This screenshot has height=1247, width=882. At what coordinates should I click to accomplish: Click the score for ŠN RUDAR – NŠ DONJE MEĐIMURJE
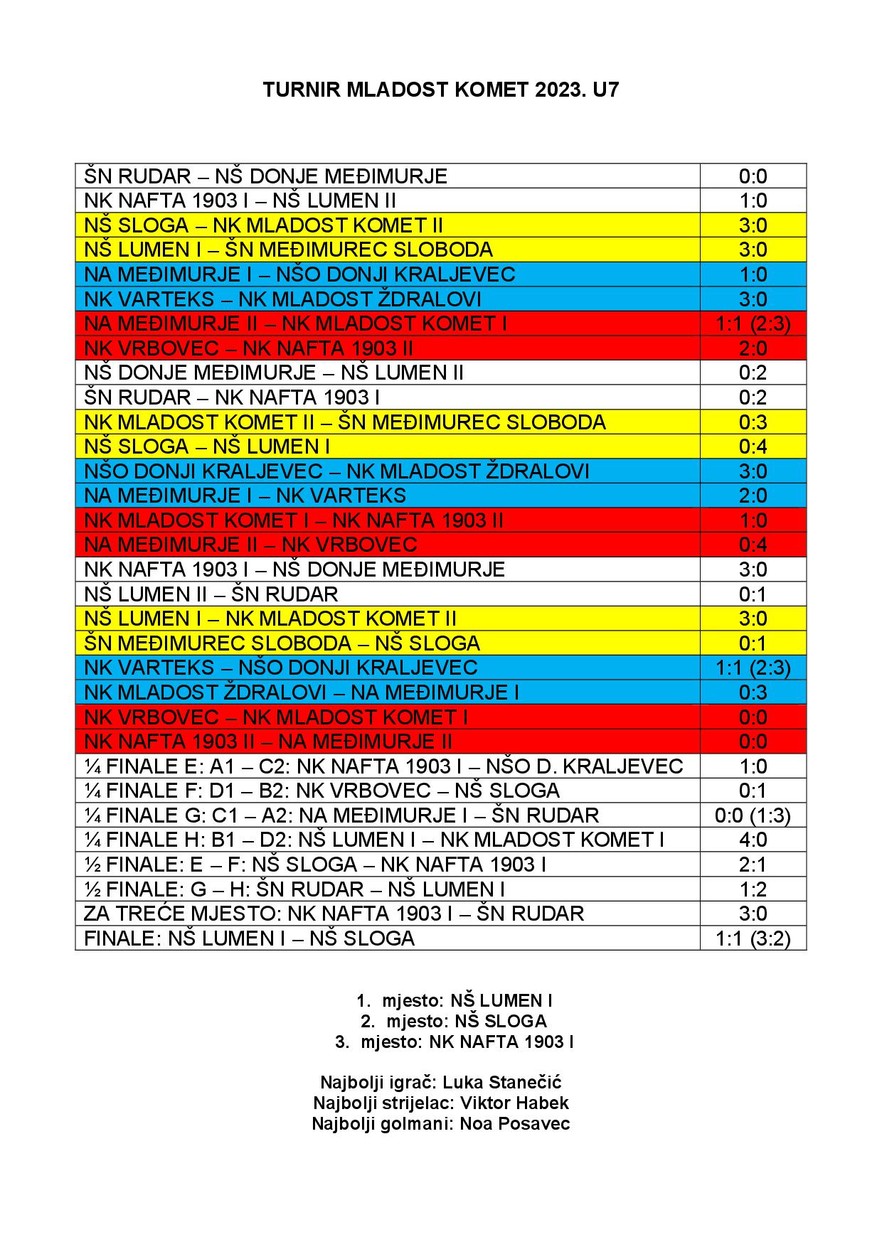(753, 176)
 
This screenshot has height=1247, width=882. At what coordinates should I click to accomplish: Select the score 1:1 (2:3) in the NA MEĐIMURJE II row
(753, 323)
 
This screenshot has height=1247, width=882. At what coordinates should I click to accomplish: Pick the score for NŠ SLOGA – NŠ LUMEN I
(753, 446)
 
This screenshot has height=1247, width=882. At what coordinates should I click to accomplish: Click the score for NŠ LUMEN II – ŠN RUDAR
(753, 594)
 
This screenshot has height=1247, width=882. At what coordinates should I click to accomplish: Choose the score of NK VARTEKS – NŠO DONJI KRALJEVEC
(753, 668)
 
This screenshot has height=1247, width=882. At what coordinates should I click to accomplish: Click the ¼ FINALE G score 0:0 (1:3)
(753, 815)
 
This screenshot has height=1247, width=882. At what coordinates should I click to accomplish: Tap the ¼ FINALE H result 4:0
(753, 840)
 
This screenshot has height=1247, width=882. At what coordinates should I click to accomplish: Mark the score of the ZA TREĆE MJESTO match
(753, 914)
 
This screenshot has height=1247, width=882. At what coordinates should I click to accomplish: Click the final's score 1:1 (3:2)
(753, 938)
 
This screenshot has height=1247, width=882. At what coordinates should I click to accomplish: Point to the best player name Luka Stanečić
(501, 1082)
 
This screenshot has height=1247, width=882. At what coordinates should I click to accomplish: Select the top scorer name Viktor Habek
(514, 1103)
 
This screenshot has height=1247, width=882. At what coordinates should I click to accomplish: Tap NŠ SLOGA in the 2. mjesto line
(501, 1022)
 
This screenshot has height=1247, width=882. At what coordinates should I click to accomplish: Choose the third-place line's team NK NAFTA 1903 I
(501, 1042)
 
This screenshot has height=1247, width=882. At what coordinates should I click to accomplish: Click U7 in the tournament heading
(605, 90)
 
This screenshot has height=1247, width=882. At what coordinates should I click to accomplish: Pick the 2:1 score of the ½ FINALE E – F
(753, 865)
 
